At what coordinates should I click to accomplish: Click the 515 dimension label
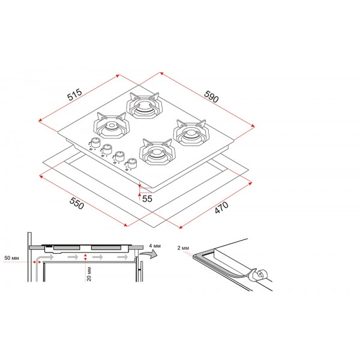pyautogui.click(x=74, y=94)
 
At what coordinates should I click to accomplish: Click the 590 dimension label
pyautogui.click(x=211, y=97)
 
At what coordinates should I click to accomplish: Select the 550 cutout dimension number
pyautogui.click(x=77, y=203)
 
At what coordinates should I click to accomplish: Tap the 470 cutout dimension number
pyautogui.click(x=221, y=208)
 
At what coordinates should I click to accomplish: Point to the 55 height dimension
pyautogui.click(x=147, y=199)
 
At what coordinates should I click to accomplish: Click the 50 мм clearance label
pyautogui.click(x=12, y=258)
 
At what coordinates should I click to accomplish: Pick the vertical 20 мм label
pyautogui.click(x=89, y=274)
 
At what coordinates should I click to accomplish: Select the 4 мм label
pyautogui.click(x=155, y=246)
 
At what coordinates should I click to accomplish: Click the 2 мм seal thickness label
pyautogui.click(x=183, y=248)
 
